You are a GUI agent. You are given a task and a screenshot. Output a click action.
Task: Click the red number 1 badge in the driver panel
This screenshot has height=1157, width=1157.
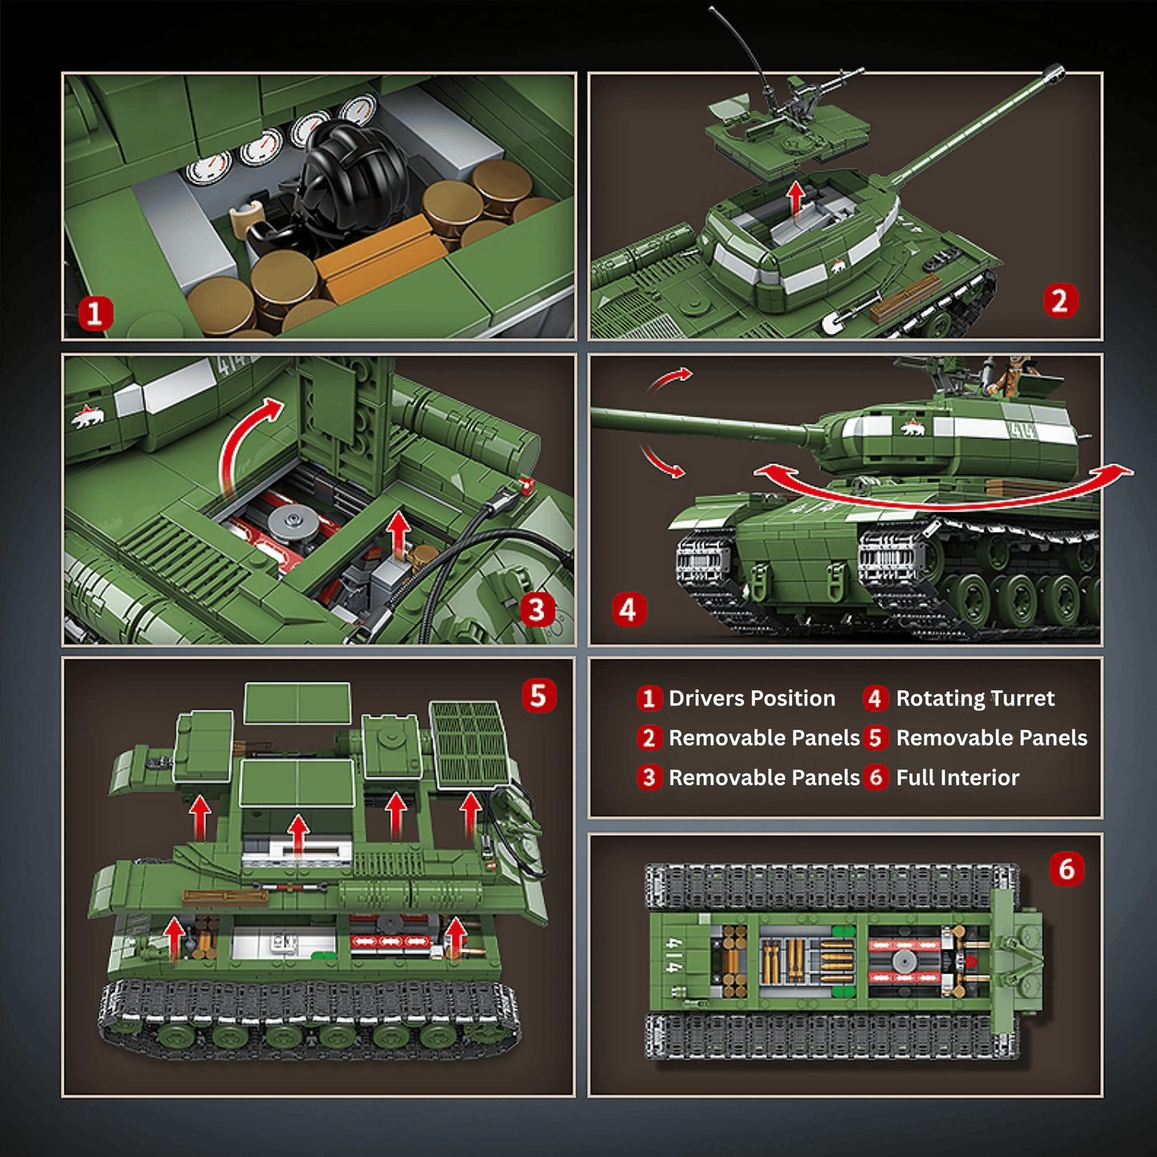click(95, 313)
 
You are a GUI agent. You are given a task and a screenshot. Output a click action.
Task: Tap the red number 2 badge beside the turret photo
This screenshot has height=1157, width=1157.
click(1060, 300)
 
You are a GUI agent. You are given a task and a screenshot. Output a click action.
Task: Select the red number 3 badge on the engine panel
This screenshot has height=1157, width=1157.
click(536, 611)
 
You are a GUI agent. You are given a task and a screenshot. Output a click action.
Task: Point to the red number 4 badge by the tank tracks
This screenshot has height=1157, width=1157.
click(629, 609)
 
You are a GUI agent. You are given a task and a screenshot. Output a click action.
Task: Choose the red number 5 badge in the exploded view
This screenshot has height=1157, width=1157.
click(539, 695)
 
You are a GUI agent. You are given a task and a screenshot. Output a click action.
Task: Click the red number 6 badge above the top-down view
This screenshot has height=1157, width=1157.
click(1067, 868)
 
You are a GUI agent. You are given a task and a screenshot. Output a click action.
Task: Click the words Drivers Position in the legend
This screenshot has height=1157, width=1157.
click(752, 698)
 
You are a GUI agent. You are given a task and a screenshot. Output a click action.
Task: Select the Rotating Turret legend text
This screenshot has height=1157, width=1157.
click(975, 698)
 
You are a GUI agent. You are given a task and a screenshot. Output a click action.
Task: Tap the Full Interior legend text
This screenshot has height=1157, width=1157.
click(958, 777)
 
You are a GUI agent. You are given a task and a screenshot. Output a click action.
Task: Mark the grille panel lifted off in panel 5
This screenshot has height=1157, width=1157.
click(470, 744)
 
